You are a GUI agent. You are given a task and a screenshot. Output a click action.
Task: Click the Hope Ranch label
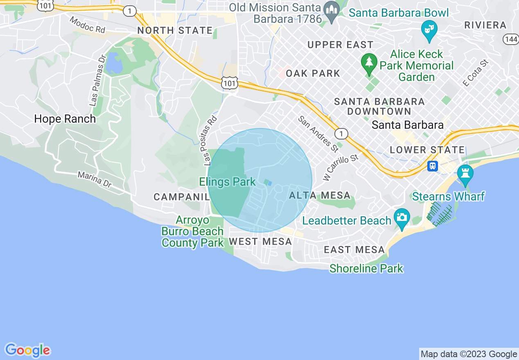click(x=65, y=119)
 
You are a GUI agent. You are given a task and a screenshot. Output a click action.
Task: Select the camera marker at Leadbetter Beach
click(x=402, y=217)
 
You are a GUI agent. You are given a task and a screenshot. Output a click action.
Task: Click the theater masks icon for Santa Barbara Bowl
click(x=429, y=30)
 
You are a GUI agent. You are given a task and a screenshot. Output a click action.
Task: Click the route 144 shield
click(x=511, y=39)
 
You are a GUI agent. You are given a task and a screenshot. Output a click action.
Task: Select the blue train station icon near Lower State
click(x=433, y=166)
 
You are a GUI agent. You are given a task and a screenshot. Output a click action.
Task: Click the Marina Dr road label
click(x=95, y=180)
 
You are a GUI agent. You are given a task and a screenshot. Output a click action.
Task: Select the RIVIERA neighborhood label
click(x=485, y=25)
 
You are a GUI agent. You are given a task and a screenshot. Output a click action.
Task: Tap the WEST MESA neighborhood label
click(x=260, y=242)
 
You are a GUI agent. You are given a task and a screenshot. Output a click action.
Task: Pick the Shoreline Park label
click(x=366, y=269)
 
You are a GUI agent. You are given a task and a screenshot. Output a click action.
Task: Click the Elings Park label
click(x=227, y=182)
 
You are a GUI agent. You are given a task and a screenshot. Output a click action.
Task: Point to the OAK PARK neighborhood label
click(x=313, y=74)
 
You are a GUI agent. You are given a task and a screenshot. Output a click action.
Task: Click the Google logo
click(x=28, y=350)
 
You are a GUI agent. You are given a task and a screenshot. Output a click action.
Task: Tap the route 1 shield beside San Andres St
click(x=341, y=133)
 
